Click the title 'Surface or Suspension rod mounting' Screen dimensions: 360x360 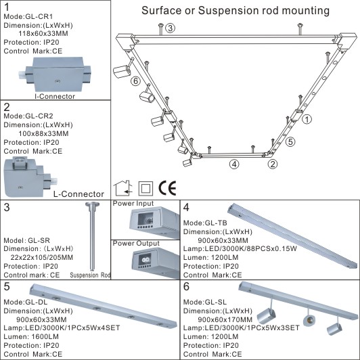[236, 11]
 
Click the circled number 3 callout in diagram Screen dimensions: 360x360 [171, 28]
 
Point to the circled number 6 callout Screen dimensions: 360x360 [136, 81]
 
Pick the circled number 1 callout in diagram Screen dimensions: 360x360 [307, 120]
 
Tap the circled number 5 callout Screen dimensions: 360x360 [290, 142]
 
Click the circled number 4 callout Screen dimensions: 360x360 [233, 164]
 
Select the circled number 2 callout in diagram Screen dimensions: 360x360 [273, 163]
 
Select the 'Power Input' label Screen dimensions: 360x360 [133, 203]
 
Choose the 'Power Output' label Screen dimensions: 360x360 [135, 243]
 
